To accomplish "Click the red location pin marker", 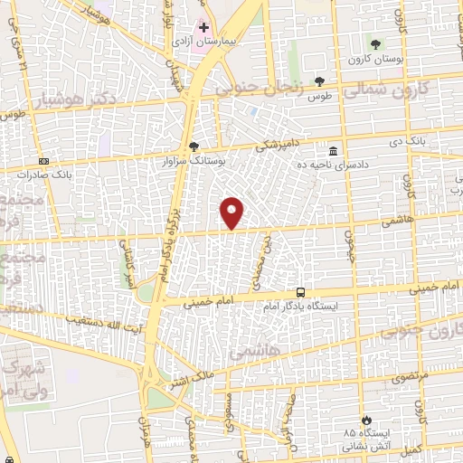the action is pos(232,212).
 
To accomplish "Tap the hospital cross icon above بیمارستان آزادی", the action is pos(205,28).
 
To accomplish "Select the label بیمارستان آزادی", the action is pos(204,42).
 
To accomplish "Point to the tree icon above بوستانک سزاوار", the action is pos(194,146).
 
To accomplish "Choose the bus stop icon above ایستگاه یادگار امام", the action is pos(301,293).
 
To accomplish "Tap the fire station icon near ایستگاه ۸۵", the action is pos(365,420).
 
